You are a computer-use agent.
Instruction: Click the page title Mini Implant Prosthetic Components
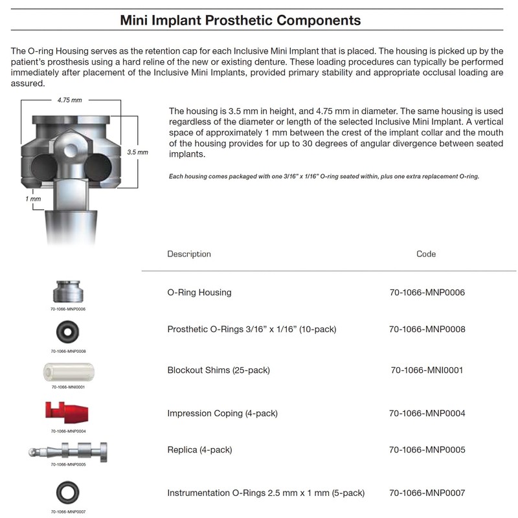(240, 20)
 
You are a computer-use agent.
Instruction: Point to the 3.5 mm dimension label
(137, 152)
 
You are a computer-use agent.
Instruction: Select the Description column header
(188, 254)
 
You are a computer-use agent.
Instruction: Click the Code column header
(425, 254)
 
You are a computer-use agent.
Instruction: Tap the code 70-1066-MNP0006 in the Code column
(427, 293)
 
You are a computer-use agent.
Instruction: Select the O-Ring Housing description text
(199, 293)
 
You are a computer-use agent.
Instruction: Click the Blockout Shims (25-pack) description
(218, 370)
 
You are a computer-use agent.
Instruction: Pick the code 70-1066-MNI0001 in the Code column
(427, 370)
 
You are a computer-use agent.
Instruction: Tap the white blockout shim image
(68, 372)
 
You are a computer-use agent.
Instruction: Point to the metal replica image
(68, 451)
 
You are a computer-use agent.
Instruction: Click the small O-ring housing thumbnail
(68, 291)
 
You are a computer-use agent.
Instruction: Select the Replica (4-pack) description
(199, 450)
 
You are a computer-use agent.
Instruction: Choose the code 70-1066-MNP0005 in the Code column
(427, 450)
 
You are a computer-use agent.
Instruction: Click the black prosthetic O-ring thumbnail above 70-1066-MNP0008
(68, 332)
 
